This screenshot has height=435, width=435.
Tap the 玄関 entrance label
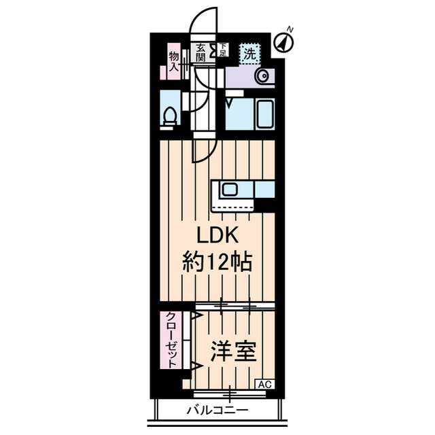pyautogui.click(x=201, y=52)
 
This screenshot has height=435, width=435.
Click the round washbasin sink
pyautogui.click(x=262, y=76)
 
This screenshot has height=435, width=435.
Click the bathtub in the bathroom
pyautogui.click(x=249, y=115)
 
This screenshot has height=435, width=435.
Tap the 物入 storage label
pyautogui.click(x=173, y=62)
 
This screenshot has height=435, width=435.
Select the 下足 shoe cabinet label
pyautogui.click(x=222, y=48)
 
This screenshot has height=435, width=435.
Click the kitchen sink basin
pyautogui.click(x=230, y=188)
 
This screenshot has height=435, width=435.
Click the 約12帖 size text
pyautogui.click(x=217, y=262)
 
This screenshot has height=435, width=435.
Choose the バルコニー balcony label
pyautogui.click(x=217, y=411)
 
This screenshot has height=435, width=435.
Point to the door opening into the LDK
pyautogui.click(x=203, y=150)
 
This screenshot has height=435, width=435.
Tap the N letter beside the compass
pyautogui.click(x=290, y=29)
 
